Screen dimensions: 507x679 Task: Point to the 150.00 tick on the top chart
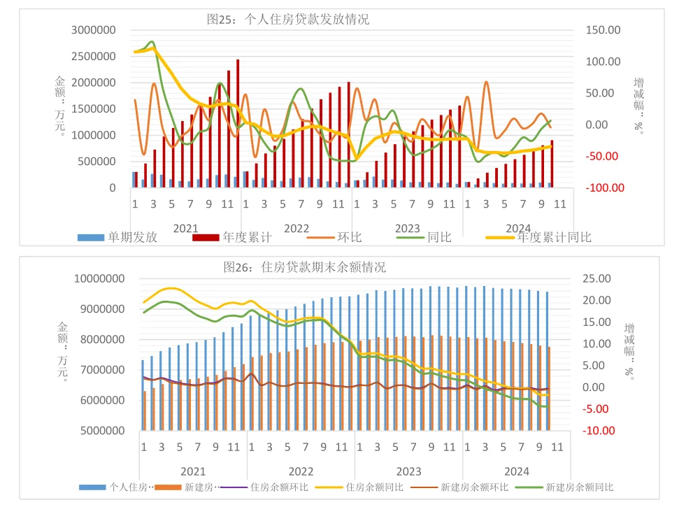(603, 30)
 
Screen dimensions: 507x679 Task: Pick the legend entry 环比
(349, 237)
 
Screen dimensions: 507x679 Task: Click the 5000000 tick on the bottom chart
(99, 431)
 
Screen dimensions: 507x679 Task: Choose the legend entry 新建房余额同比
(580, 487)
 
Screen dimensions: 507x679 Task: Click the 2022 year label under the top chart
(296, 228)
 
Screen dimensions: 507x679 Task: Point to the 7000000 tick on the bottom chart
(99, 370)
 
